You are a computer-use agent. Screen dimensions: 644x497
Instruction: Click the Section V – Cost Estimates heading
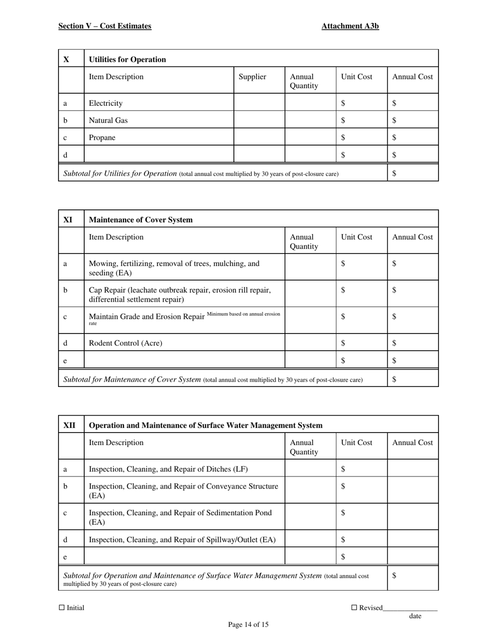pos(105,26)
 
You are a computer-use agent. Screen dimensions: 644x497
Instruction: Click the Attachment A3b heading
pos(350,26)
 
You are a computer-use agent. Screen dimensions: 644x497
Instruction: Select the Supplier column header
pos(252,77)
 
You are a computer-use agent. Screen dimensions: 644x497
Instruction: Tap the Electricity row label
pos(106,104)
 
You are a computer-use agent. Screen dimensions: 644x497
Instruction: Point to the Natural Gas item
pos(108,120)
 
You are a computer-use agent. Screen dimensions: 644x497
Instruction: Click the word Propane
pos(102,138)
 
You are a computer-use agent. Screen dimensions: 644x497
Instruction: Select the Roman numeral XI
pos(68,219)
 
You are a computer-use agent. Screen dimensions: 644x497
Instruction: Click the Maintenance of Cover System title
pos(141,220)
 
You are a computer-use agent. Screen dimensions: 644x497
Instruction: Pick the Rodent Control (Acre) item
pos(126,343)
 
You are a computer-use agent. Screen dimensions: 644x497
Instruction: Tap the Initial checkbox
pos(62,608)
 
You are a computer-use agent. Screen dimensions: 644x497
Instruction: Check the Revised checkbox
pos(354,608)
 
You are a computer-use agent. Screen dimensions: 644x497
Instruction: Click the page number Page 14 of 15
pos(249,624)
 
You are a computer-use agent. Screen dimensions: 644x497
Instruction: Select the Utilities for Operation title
pos(128,60)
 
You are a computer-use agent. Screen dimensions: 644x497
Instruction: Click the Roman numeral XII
pos(69,426)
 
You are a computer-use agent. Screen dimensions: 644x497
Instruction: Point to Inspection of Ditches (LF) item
pos(168,469)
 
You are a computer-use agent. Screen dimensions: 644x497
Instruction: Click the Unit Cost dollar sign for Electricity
pos(343,104)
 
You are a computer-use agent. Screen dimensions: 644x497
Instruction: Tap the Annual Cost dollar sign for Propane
pos(394,138)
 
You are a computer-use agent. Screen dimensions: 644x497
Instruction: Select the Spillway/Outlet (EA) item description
pos(182,540)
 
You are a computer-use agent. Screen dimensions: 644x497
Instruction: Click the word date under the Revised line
pos(415,616)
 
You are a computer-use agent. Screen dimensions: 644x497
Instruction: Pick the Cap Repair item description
pos(180,295)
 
